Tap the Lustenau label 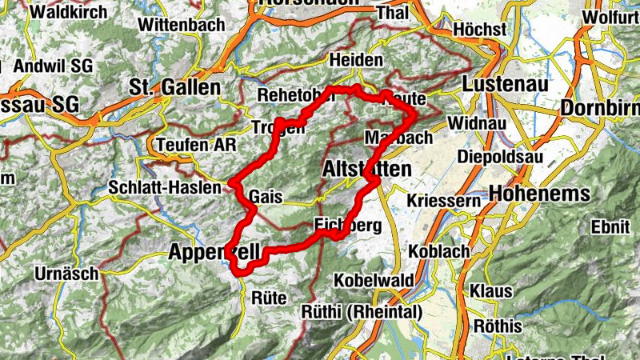tap(503, 84)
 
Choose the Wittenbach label tap(181, 25)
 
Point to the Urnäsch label tap(66, 274)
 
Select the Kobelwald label tap(373, 281)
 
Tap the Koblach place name tap(438, 250)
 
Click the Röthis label tap(496, 326)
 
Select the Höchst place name tap(479, 29)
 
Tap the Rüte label tap(269, 298)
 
